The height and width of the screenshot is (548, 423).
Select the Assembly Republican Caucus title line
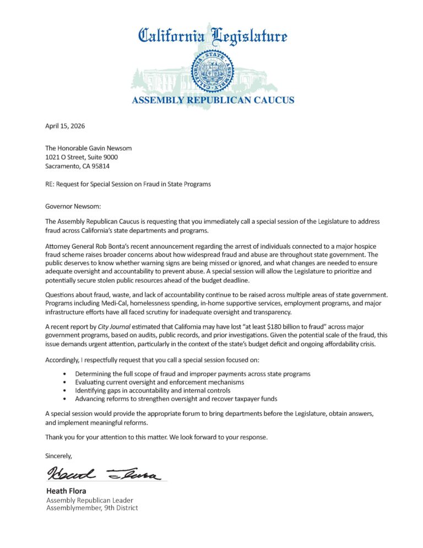(x=212, y=100)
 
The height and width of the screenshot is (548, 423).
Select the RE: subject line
(x=128, y=184)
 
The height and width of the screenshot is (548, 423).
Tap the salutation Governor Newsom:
(x=72, y=206)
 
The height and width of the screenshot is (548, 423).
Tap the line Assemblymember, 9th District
(x=92, y=507)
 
